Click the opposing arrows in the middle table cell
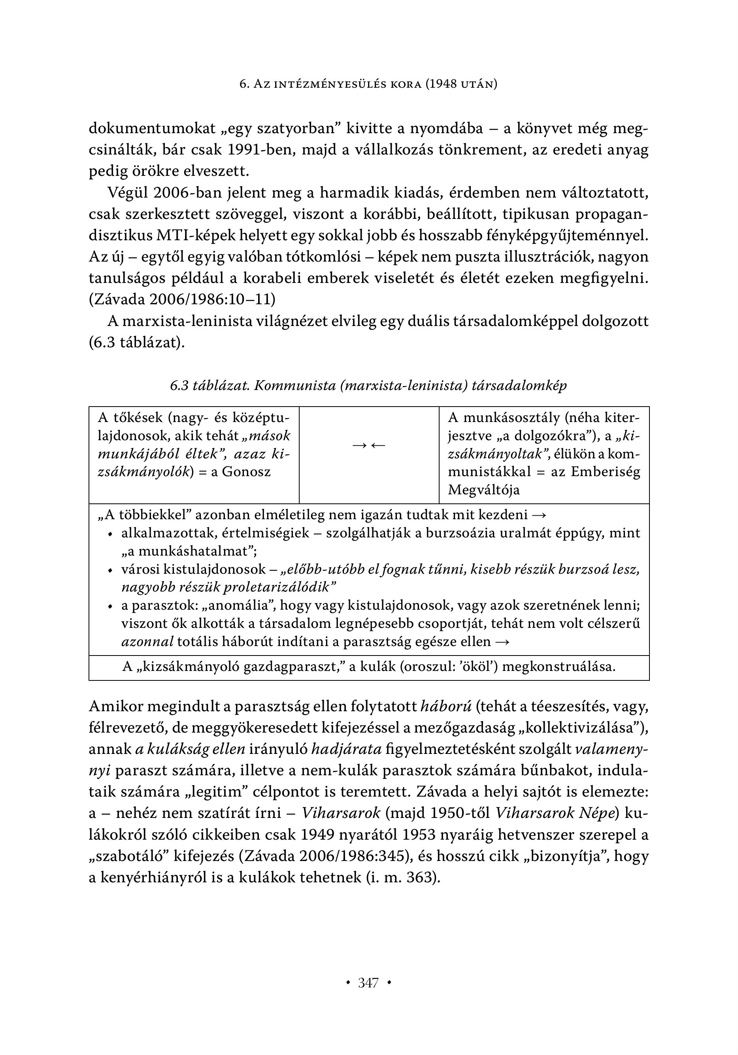pyautogui.click(x=369, y=445)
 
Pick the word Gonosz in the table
pyautogui.click(x=246, y=471)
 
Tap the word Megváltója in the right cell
pyautogui.click(x=484, y=489)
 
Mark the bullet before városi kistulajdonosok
pyautogui.click(x=109, y=570)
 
